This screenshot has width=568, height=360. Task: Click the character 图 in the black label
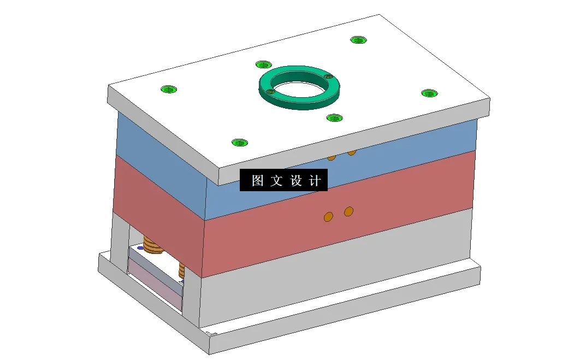[x=257, y=181]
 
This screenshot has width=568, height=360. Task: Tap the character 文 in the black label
[x=276, y=181]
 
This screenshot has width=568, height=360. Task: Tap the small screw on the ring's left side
[x=269, y=92]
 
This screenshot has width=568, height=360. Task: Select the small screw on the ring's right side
[x=328, y=77]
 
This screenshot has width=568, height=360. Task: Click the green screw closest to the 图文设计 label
[x=239, y=143]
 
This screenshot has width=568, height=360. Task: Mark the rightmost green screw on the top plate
[x=430, y=93]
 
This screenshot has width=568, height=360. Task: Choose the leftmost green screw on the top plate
[x=169, y=89]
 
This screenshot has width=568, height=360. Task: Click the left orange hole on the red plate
[x=328, y=216]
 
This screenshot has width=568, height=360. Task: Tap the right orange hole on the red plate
[x=349, y=211]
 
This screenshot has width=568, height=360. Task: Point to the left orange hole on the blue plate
[x=331, y=158]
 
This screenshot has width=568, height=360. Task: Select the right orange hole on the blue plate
[x=351, y=152]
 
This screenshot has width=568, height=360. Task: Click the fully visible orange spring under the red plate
[x=153, y=246]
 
